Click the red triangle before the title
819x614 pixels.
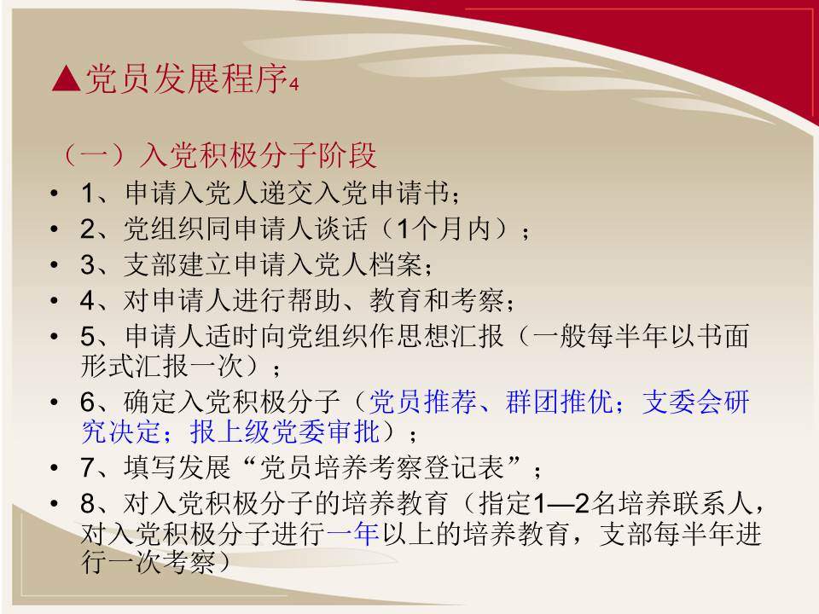(67, 79)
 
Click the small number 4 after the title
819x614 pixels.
(293, 84)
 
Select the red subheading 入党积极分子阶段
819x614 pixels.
(258, 155)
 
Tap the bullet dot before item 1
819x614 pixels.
(55, 194)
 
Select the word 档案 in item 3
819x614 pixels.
(395, 264)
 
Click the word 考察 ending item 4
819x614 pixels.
(478, 300)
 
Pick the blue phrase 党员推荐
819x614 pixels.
(423, 402)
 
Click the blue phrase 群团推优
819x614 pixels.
(560, 402)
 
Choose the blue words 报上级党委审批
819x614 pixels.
(284, 432)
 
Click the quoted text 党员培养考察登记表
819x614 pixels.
(382, 467)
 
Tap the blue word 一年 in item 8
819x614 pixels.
(352, 534)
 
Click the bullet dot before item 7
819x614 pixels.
(55, 468)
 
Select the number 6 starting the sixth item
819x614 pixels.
(88, 403)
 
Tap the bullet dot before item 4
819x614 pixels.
(55, 301)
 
